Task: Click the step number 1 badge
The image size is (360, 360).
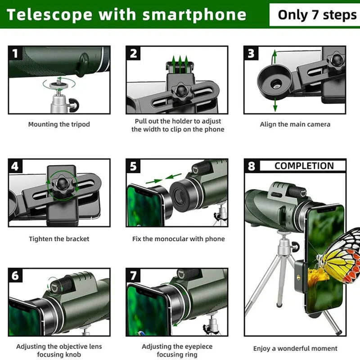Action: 15,54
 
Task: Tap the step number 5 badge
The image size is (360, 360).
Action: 133,166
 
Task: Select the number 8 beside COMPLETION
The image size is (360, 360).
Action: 252,166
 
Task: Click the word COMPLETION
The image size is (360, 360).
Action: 304,166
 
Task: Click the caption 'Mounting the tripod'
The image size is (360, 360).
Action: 59,124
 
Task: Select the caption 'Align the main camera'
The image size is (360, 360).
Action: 295,124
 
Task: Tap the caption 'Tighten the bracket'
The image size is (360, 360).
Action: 59,239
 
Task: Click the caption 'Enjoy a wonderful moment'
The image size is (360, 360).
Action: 295,348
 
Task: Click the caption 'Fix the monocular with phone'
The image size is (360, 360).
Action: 178,239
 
